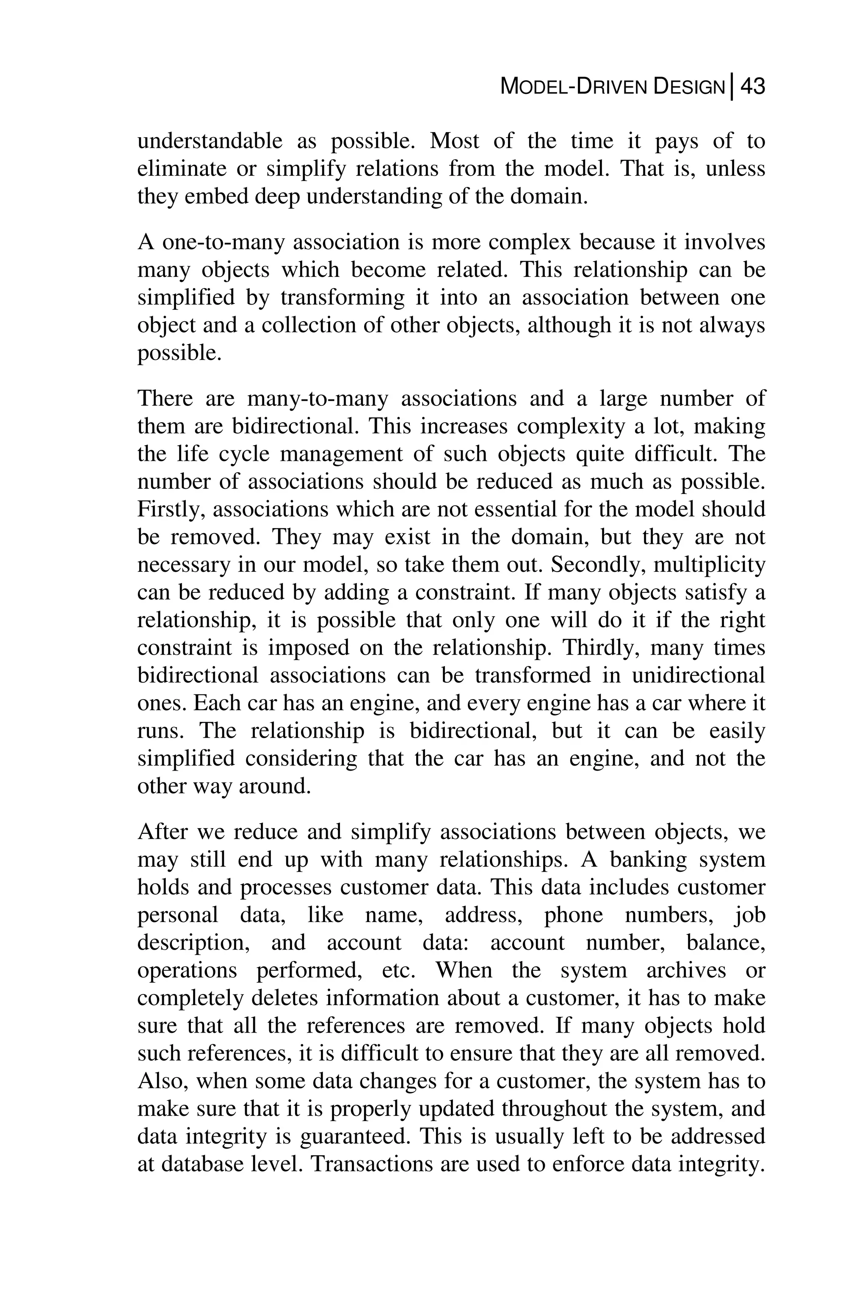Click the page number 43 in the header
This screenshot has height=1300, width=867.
coord(752,87)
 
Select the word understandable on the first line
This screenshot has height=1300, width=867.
coord(210,141)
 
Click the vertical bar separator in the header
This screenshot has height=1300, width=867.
coord(732,87)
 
